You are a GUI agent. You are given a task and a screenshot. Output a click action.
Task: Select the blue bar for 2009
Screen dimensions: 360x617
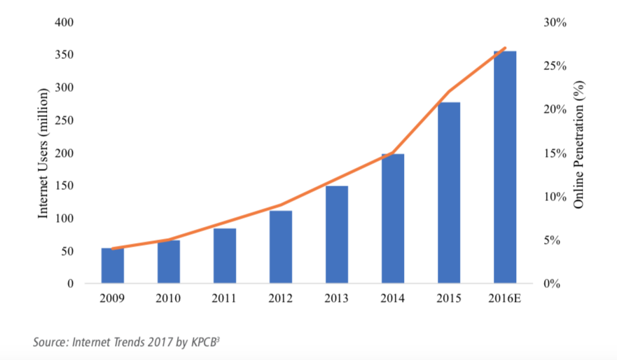point(113,266)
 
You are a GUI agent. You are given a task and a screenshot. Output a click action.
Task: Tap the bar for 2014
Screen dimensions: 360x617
point(393,219)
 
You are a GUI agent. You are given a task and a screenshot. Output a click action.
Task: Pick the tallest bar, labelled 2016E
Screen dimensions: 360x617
point(505,167)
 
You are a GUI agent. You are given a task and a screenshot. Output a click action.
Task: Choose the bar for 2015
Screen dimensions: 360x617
point(449,193)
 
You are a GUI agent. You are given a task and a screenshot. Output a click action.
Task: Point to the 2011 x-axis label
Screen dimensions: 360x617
point(225,298)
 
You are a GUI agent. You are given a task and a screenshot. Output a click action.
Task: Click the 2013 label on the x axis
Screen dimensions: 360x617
point(337,298)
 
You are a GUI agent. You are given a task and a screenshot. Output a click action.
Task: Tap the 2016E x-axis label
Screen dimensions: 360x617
point(505,298)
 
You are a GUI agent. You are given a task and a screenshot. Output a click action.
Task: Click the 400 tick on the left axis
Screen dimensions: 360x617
point(65,22)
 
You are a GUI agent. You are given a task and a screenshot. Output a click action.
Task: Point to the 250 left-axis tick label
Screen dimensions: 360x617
point(65,120)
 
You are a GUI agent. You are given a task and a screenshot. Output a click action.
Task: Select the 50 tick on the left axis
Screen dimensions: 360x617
point(68,251)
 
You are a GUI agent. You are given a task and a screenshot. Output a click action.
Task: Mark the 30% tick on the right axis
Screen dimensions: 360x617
point(555,22)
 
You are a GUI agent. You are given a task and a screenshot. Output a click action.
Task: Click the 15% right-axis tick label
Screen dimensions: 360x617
point(555,153)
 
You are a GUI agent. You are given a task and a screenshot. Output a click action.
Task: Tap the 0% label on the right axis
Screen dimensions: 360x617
point(552,284)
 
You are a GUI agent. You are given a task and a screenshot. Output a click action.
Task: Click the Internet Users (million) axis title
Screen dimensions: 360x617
point(43,153)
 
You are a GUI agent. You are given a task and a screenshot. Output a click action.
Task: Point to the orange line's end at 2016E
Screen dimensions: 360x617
point(505,48)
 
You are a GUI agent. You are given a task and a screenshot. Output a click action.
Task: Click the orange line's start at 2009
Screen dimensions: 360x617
point(113,249)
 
